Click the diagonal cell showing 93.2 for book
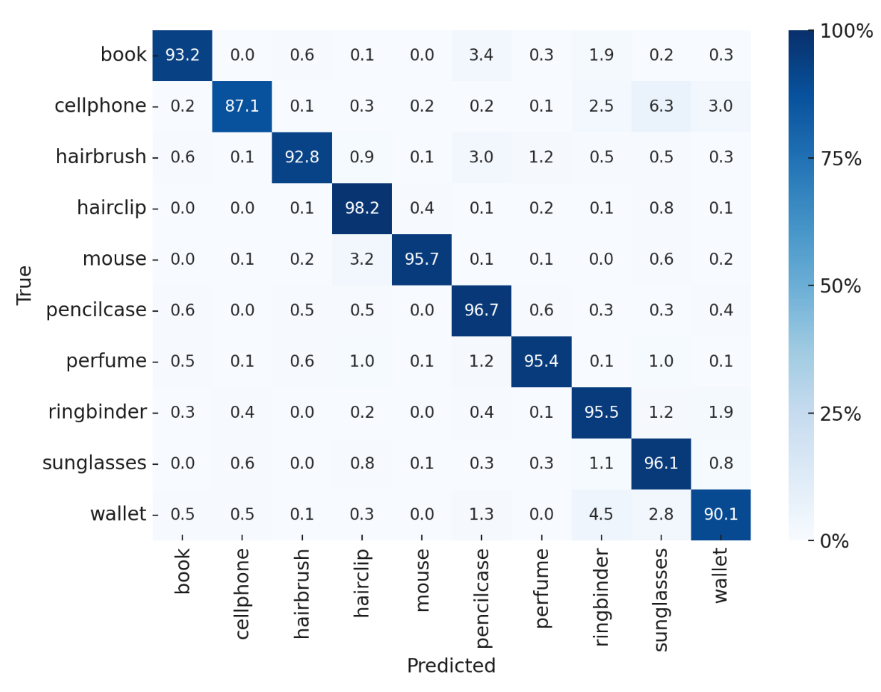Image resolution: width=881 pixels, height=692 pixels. pos(182,56)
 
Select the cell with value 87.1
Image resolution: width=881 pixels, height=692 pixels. pos(242,106)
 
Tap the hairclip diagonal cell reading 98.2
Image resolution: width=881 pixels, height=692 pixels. pos(362,209)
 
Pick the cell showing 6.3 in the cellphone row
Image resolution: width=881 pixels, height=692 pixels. pos(661,106)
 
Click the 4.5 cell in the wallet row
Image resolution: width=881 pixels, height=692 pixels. pos(601,515)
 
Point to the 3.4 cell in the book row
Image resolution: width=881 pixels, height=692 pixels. pos(481,56)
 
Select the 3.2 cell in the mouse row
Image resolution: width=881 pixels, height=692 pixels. pos(362,259)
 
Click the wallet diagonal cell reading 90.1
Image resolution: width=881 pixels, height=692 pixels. pos(721,515)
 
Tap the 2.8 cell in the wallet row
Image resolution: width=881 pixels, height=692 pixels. pos(661,515)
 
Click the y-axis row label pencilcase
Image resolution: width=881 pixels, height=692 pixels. pos(96,310)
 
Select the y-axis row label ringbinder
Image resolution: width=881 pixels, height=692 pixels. pos(98,412)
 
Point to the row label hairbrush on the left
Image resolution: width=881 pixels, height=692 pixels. pos(101,157)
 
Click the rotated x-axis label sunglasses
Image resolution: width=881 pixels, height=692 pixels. pos(661,599)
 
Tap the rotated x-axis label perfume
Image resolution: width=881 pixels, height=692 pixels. pos(542,588)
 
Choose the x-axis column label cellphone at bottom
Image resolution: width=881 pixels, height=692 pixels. pos(242,593)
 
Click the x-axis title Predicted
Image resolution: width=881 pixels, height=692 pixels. pos(450,666)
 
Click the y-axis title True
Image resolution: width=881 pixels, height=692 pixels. pos(24,285)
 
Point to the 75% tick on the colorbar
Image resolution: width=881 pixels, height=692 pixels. pos(840,159)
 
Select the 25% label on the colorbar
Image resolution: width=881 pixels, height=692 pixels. pos(840,414)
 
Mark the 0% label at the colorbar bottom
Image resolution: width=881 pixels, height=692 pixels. pos(834,542)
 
